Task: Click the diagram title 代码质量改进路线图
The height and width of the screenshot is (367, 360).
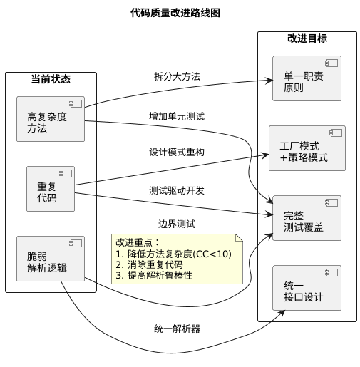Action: click(175, 13)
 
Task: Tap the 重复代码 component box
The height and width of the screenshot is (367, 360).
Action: click(51, 189)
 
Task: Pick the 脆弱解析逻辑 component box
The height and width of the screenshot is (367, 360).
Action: click(51, 259)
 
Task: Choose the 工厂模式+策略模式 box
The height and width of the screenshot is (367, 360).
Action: click(307, 148)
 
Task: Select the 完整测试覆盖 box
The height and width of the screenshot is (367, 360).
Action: click(307, 217)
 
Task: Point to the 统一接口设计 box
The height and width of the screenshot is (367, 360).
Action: click(307, 287)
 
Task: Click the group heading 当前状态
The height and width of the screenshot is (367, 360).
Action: click(51, 79)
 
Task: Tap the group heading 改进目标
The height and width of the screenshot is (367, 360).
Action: click(307, 39)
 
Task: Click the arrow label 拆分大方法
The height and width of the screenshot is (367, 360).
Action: click(177, 76)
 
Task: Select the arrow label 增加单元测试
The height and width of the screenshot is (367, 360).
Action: click(177, 115)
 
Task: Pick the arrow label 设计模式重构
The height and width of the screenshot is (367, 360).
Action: click(177, 153)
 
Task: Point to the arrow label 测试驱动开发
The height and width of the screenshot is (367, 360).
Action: click(177, 190)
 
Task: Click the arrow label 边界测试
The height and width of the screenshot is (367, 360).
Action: click(177, 223)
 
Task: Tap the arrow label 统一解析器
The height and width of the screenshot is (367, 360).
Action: click(177, 329)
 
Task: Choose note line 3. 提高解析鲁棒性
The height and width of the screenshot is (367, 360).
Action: click(158, 276)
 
